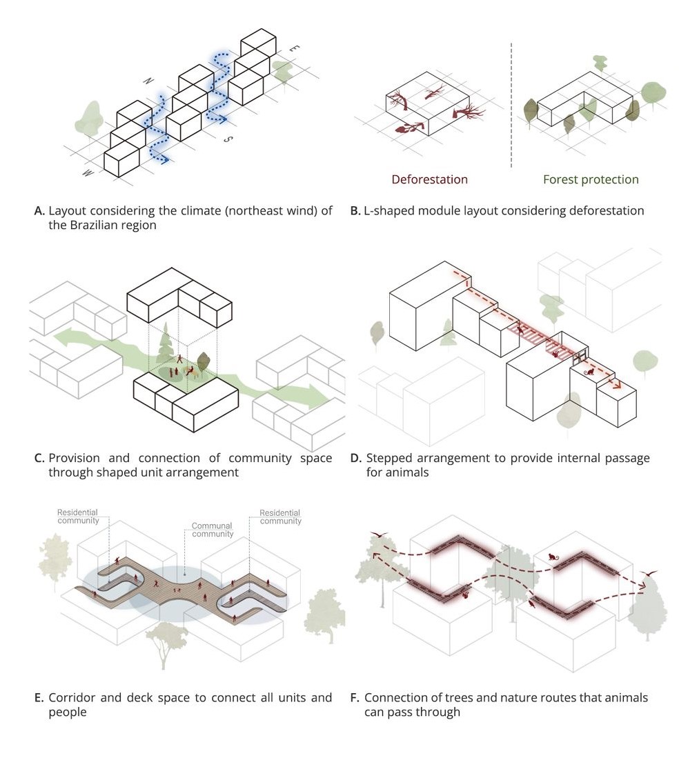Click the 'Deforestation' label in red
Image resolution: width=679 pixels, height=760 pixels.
429,179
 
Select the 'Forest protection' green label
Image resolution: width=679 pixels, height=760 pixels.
590,179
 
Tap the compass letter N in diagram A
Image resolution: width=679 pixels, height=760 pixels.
148,81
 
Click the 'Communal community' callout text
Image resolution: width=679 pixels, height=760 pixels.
213,530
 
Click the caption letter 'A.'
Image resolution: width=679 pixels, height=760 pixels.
39,211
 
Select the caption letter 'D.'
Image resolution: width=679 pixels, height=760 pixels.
357,458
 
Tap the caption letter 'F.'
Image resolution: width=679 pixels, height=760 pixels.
355,697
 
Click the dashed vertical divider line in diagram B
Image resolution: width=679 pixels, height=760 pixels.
511,103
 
